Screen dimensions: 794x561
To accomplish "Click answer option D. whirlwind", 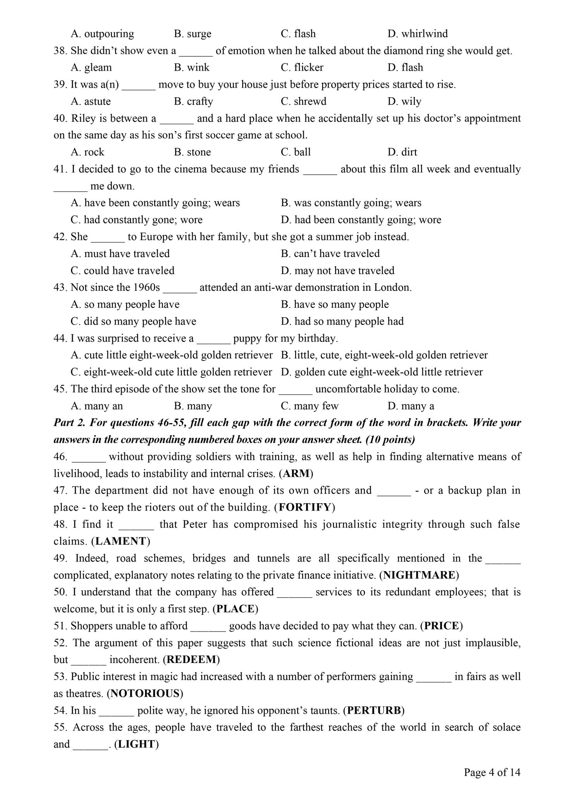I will coord(417,34).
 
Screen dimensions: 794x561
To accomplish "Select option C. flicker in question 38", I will coord(302,67).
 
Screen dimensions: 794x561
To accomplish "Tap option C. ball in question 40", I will coord(296,152).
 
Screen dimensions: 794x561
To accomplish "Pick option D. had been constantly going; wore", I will coord(361,220).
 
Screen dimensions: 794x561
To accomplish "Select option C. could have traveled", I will coord(122,271).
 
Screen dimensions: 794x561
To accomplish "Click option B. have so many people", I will coord(335,304).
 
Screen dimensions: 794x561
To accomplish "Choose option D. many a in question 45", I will coord(411,406).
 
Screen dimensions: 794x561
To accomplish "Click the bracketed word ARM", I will coord(296,473).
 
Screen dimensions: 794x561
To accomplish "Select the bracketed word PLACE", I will coord(235,609).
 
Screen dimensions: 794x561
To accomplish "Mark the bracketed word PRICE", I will coord(441,625).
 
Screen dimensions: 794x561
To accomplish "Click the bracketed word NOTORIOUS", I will coord(145,693).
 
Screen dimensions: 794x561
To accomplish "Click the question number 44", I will coord(60,338).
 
